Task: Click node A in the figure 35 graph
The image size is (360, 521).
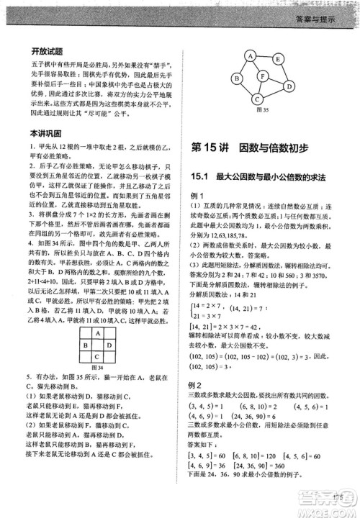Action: click(x=250, y=54)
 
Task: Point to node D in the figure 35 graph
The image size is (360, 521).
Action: click(x=287, y=85)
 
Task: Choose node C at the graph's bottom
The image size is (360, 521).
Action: click(x=255, y=99)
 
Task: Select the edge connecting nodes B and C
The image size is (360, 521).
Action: click(x=244, y=89)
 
